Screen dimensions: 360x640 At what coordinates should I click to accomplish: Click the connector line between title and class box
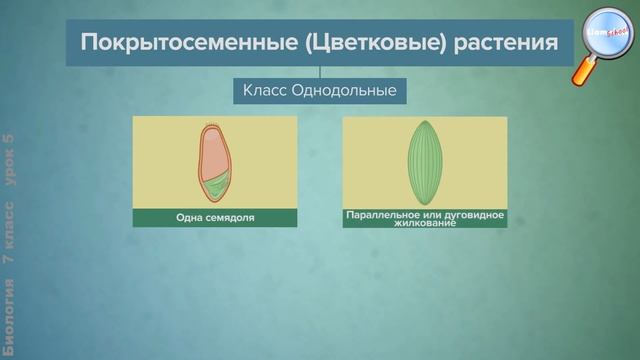[x=320, y=72]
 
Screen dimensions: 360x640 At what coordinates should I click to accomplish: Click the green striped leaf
[x=425, y=164]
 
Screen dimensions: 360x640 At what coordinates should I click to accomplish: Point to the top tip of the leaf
[x=425, y=124]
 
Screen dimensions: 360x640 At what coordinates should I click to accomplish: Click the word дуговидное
[x=474, y=214]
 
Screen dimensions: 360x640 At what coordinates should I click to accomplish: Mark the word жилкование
[x=425, y=223]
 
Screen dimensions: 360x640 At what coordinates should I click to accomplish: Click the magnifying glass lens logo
[x=608, y=32]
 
